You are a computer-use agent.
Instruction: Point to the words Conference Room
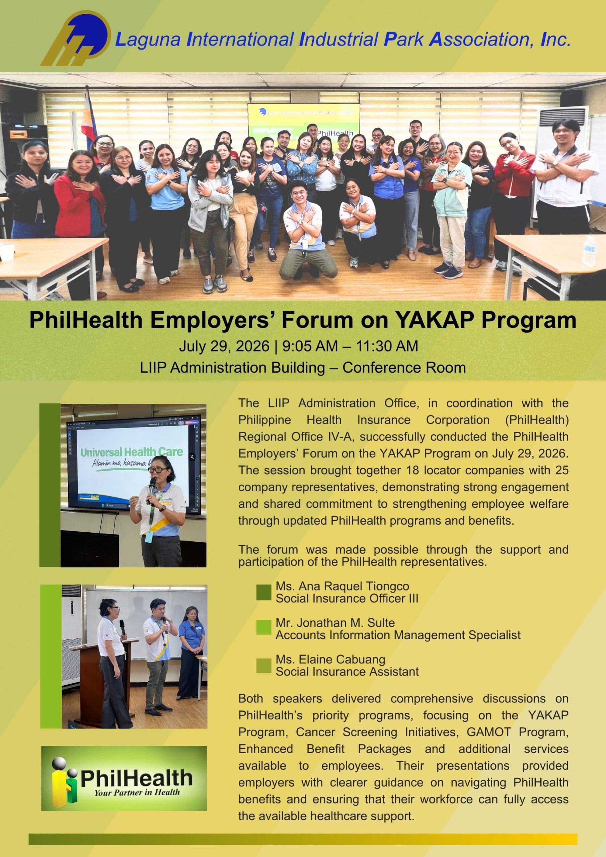pos(404,368)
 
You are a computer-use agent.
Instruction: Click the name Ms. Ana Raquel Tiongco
pos(343,586)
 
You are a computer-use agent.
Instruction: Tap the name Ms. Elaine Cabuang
pos(330,659)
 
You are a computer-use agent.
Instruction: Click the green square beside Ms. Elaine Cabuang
pos(263,666)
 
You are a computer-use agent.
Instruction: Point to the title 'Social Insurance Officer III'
pos(347,598)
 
